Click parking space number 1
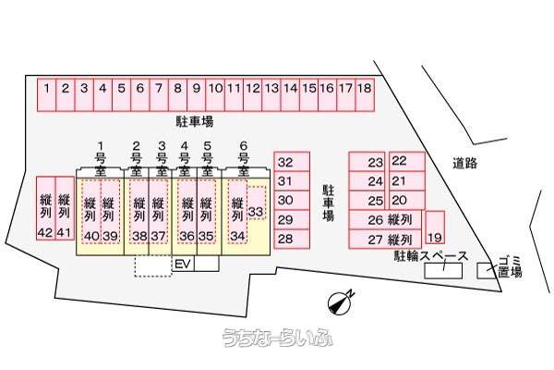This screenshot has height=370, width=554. point(47,95)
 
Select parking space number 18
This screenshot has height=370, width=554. point(365,95)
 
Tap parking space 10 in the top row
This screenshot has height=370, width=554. point(215,95)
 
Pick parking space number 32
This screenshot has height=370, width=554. point(292,162)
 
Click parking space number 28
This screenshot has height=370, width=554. point(292,239)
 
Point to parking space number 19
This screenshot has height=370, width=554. point(435,228)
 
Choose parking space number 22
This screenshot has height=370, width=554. point(407,162)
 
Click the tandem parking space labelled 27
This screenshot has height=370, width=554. point(385,239)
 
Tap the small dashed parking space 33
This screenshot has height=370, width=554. point(256,203)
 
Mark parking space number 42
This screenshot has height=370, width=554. point(46,208)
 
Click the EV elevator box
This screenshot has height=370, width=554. point(184,264)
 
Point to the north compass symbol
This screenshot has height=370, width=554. point(340,302)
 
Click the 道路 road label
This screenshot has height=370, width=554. point(465,163)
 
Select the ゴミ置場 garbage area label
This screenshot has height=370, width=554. point(510,267)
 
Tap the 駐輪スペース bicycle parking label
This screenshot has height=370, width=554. point(431,256)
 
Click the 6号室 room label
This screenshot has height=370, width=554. point(244,158)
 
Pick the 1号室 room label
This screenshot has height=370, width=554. point(101,158)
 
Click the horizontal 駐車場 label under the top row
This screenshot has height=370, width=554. point(195,121)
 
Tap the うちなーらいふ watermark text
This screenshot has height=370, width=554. point(278,337)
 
